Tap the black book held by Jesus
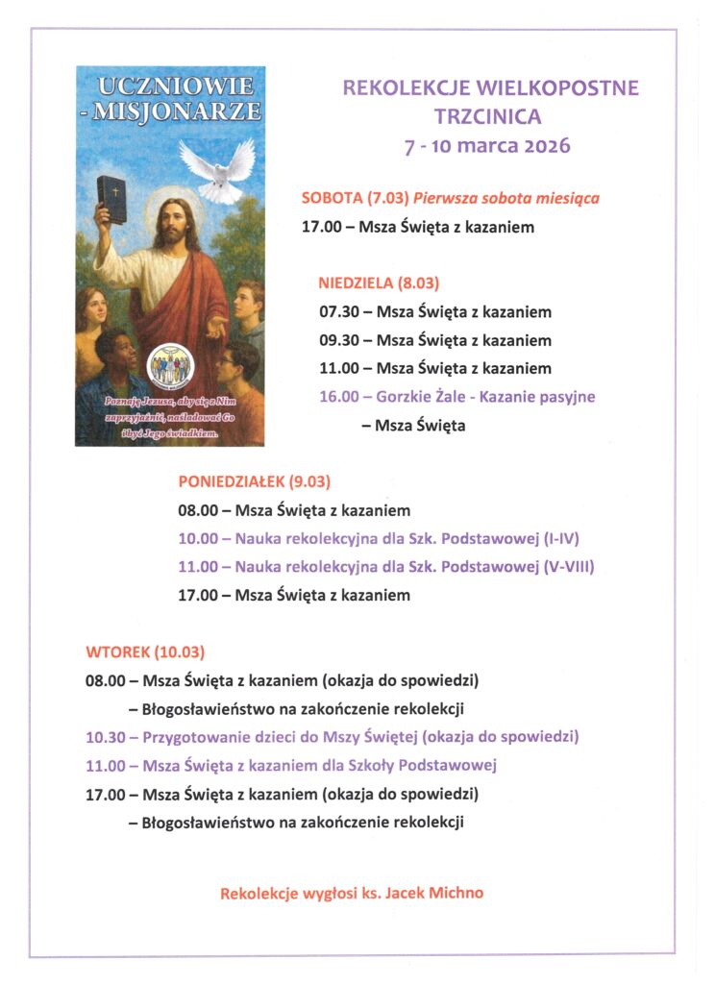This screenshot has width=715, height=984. click(111, 198)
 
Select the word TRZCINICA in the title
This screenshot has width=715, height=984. click(487, 117)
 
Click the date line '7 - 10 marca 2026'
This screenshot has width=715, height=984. click(487, 146)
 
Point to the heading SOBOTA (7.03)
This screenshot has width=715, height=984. click(355, 199)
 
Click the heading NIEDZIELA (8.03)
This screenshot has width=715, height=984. click(379, 283)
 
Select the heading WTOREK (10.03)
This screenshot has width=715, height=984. click(145, 652)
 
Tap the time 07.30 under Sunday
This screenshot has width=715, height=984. click(338, 312)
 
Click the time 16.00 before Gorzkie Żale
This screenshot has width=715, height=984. click(338, 396)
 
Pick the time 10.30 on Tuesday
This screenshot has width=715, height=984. click(105, 737)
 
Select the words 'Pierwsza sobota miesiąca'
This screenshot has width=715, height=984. click(506, 199)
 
